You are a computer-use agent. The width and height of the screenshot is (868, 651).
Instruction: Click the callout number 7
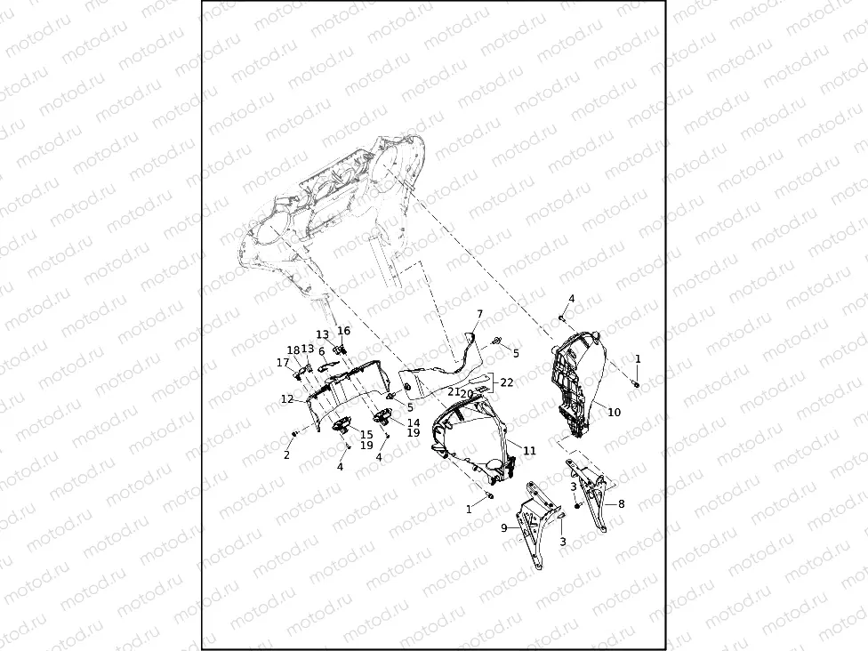[x=479, y=314]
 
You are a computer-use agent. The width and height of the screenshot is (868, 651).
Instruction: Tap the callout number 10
[x=614, y=413]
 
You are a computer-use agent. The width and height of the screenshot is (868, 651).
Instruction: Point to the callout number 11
[x=529, y=451]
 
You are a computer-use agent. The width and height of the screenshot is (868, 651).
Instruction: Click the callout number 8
[x=621, y=503]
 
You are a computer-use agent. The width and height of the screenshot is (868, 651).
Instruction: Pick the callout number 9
[x=504, y=527]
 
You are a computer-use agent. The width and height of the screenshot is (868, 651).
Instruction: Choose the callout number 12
[x=286, y=399]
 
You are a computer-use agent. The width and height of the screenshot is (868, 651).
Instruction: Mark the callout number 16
[x=344, y=331]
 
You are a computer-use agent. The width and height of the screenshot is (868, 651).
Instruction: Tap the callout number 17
[x=283, y=362]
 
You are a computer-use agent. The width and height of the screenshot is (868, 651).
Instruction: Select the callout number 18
[x=293, y=350]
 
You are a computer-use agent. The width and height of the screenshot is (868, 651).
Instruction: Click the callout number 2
[x=286, y=454]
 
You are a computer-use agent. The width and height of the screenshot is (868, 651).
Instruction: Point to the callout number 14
[x=414, y=422]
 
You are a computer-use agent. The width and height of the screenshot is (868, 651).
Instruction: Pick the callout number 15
[x=366, y=434]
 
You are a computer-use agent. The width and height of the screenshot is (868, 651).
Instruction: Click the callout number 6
[x=322, y=351]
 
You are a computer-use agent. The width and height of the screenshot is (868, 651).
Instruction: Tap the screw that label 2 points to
[x=295, y=433]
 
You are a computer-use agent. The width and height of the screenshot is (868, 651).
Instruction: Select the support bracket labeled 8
[x=596, y=498]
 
